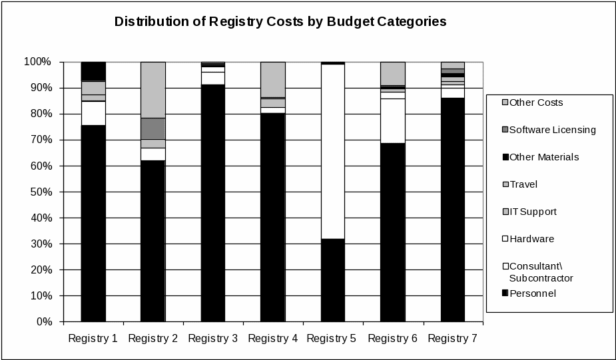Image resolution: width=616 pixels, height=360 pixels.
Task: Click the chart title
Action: pos(280,21)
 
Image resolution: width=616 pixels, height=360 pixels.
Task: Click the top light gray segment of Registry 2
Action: pos(153,90)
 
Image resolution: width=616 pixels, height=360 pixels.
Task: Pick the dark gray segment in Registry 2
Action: pos(153,128)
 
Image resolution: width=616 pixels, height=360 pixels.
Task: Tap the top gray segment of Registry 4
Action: pos(272,79)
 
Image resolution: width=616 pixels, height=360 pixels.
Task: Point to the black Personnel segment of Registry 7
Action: pos(452,210)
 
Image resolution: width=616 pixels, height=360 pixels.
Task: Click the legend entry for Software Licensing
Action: pos(552,130)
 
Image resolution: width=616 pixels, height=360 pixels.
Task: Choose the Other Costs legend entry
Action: pos(536,102)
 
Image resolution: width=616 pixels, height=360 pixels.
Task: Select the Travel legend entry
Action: pos(523,184)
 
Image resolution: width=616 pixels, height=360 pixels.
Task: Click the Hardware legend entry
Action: pos(531,239)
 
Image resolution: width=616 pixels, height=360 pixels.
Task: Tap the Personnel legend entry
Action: pos(532,293)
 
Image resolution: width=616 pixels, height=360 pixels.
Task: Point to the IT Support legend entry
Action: pos(533,212)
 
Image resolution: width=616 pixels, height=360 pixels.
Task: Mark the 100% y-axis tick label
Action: pos(37,62)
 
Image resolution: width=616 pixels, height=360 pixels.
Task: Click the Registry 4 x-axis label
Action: pos(273,339)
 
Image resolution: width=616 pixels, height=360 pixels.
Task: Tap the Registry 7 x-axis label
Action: pos(453,339)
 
